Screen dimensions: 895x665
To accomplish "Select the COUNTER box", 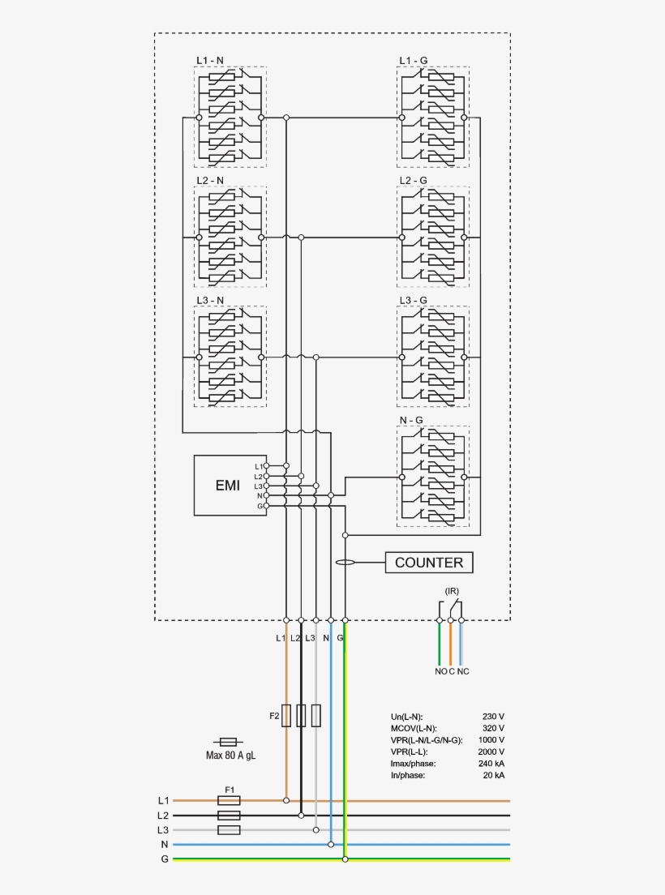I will pyautogui.click(x=428, y=563).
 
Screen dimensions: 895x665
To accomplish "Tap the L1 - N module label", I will pyautogui.click(x=210, y=60).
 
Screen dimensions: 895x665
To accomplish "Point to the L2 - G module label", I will pyautogui.click(x=413, y=180).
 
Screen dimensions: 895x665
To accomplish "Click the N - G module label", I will pyautogui.click(x=411, y=420).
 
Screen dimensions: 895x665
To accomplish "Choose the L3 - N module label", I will pyautogui.click(x=210, y=300).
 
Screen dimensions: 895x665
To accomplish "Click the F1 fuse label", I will pyautogui.click(x=229, y=789).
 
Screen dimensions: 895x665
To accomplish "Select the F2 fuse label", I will pyautogui.click(x=274, y=716).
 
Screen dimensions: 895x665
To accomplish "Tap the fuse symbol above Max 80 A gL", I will pyautogui.click(x=229, y=742).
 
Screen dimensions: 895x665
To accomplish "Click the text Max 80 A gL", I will pyautogui.click(x=230, y=756).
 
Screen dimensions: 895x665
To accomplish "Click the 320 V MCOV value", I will pyautogui.click(x=493, y=728).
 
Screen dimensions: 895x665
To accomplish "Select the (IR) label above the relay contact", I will pyautogui.click(x=452, y=589).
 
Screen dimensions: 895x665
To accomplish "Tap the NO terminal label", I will pyautogui.click(x=440, y=671).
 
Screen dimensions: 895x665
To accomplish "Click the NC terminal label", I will pyautogui.click(x=463, y=671).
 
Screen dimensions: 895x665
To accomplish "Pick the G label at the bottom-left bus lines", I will pyautogui.click(x=165, y=859).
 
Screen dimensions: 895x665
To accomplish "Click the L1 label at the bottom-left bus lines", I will pyautogui.click(x=164, y=800).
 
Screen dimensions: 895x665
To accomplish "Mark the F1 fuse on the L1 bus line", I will pyautogui.click(x=229, y=800).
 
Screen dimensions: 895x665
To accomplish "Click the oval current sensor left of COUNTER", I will pyautogui.click(x=345, y=562).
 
